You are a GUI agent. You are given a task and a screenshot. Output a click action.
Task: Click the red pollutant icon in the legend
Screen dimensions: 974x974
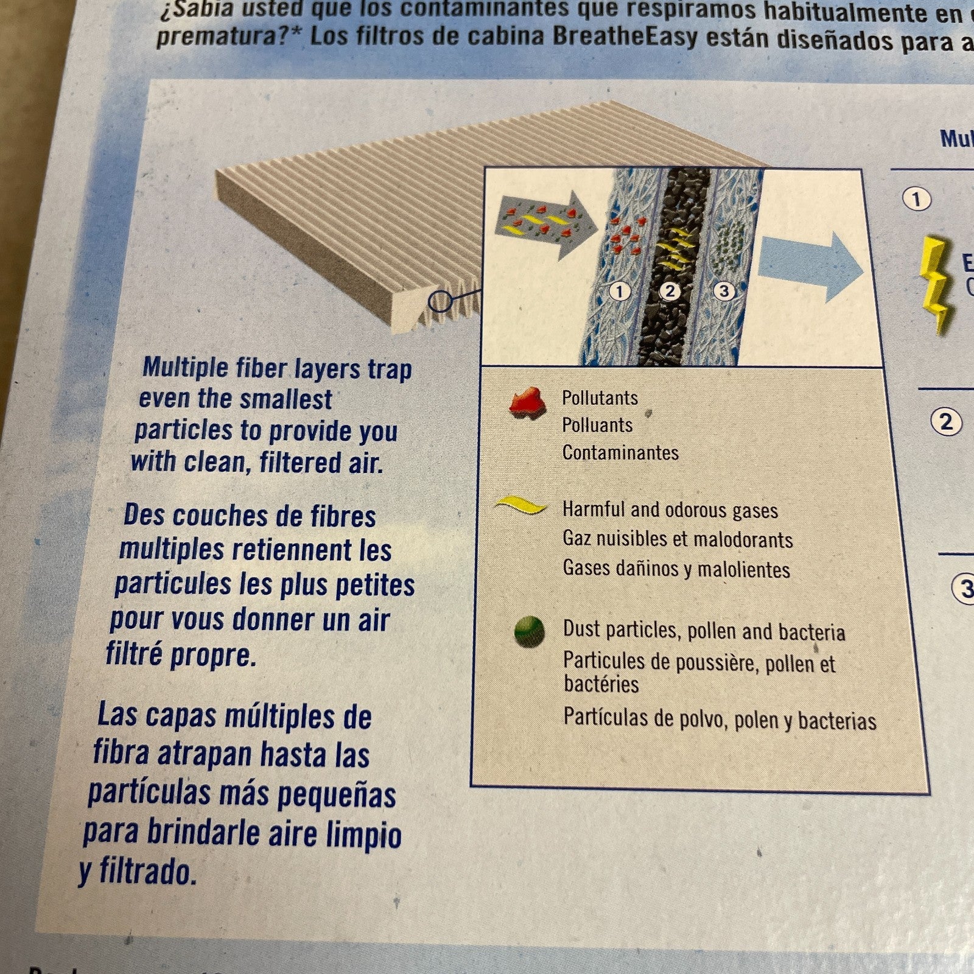527,402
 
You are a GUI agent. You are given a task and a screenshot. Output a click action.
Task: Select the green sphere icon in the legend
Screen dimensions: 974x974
528,631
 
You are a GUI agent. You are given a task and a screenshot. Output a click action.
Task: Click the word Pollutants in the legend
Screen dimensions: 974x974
600,398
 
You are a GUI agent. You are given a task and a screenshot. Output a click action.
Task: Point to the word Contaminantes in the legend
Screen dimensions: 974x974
620,453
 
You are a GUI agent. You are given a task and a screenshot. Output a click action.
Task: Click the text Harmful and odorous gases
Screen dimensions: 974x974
670,510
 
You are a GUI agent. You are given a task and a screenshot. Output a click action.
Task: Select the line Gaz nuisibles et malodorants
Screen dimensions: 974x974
677,539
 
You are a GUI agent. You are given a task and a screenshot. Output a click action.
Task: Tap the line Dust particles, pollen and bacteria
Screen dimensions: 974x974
704,631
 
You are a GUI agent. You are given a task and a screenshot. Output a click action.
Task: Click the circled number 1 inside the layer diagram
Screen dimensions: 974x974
620,292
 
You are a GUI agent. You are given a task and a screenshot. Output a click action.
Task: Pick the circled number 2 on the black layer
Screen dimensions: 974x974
670,291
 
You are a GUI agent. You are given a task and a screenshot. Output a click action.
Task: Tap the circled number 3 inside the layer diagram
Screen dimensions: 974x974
723,291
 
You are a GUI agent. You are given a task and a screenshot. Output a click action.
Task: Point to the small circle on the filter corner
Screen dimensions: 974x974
440,300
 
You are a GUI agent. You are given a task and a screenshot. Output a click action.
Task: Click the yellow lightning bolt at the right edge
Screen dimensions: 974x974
936,283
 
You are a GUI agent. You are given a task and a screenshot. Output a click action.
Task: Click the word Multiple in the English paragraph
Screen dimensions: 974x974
184,368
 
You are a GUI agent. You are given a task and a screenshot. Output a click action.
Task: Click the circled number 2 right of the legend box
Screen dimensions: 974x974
946,422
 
